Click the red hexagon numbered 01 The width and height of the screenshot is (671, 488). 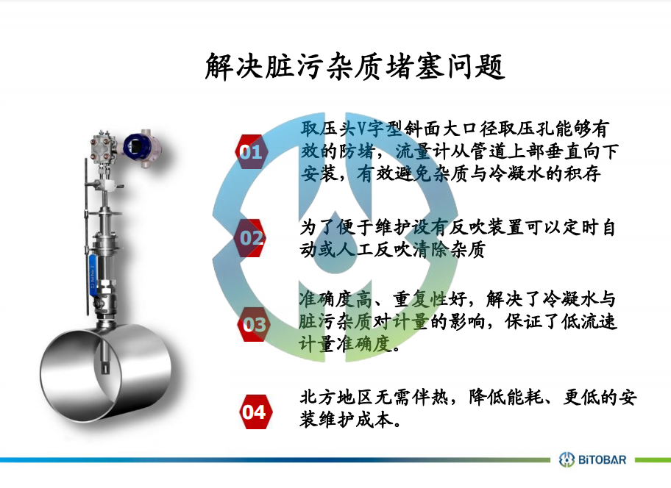click(251, 151)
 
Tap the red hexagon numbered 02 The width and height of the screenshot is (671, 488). click(251, 237)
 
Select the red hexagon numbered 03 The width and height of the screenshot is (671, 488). click(254, 325)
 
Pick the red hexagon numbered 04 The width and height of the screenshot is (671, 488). click(255, 412)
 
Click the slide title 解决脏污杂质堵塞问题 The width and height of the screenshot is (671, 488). click(355, 67)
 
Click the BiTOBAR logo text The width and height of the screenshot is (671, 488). click(602, 460)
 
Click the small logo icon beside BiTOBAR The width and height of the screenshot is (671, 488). click(567, 460)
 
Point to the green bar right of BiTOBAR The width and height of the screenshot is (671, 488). click(653, 460)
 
